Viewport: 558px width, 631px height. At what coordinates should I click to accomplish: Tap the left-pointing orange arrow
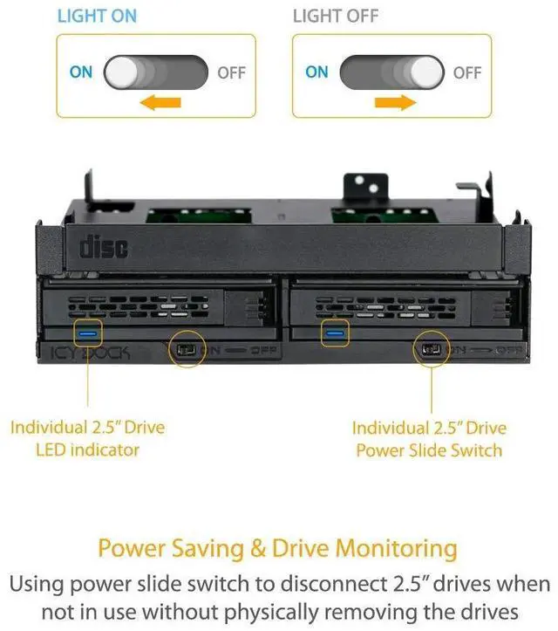(x=160, y=103)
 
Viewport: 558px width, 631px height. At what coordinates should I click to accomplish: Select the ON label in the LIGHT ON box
(x=81, y=72)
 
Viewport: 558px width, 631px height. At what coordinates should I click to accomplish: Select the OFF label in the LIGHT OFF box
(x=466, y=72)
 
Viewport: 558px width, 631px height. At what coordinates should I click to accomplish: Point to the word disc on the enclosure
(x=104, y=246)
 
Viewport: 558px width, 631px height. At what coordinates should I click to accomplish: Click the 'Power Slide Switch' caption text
(x=428, y=450)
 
